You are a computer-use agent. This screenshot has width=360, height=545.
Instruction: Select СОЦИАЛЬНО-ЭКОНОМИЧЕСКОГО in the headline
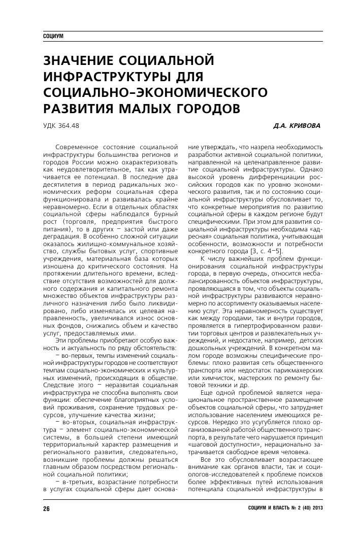(x=155, y=92)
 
